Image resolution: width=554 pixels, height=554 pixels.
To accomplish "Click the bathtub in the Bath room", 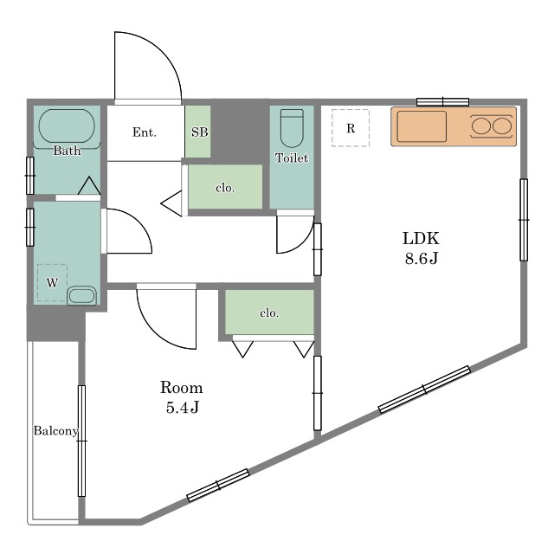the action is [67, 126].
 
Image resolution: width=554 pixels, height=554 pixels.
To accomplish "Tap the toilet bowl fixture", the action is [292, 128].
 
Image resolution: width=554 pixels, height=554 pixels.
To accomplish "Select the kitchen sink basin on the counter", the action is [422, 126].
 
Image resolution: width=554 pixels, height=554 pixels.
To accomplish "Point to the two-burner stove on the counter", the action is [492, 126].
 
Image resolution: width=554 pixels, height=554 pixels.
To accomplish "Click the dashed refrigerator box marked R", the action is [351, 128].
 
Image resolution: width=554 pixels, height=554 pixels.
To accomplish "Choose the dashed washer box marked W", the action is [52, 283].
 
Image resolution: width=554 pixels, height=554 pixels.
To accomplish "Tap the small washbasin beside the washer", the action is [81, 295].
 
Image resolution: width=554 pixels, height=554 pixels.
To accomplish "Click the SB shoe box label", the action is [200, 132].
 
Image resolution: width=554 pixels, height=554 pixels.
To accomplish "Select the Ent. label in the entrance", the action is [145, 132].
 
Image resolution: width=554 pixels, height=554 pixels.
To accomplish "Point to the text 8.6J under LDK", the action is [422, 258].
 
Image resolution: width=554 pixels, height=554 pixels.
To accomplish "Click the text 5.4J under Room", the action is [183, 408].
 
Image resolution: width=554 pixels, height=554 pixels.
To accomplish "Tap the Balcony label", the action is [55, 431].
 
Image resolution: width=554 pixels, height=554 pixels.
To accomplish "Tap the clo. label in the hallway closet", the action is [225, 188].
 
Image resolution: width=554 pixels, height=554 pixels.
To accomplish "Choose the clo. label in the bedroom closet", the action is [269, 312].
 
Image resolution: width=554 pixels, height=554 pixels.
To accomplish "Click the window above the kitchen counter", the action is [442, 102].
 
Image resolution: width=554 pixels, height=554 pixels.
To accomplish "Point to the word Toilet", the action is [292, 158].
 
